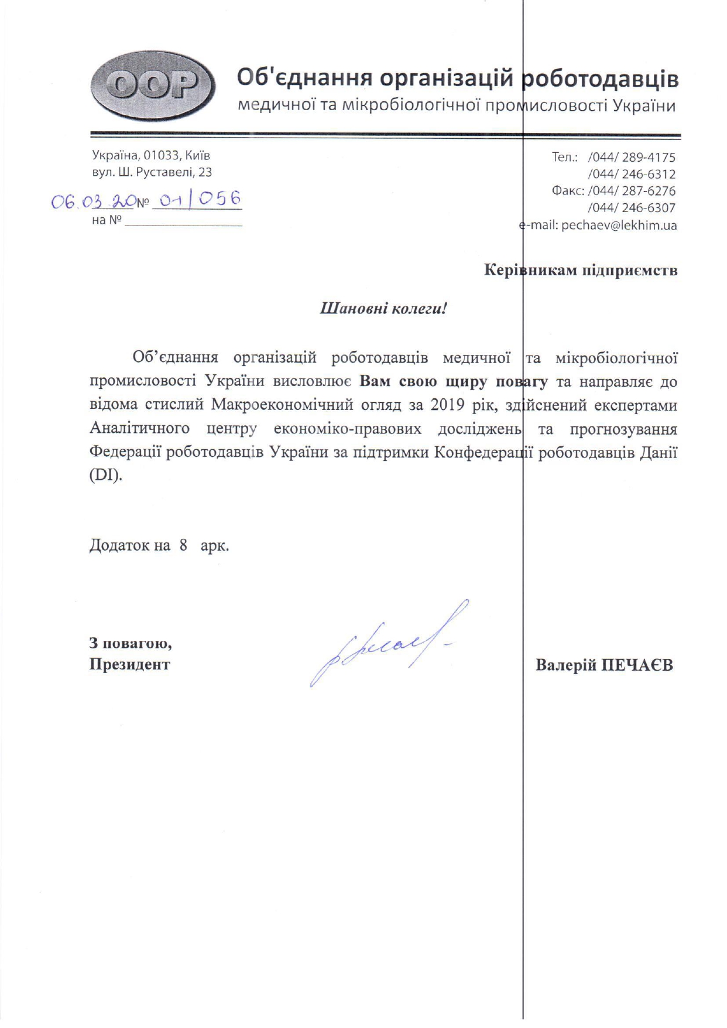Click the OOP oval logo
[153, 86]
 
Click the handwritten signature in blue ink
[386, 643]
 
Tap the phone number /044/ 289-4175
[632, 158]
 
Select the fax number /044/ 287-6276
[632, 191]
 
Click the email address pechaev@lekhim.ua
[619, 226]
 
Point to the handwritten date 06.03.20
[92, 202]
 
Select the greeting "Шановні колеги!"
[383, 308]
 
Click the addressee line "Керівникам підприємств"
[581, 270]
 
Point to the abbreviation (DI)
[106, 474]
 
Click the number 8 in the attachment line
[184, 545]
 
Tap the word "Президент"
[129, 665]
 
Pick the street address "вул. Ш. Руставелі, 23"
[152, 173]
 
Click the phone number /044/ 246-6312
[632, 175]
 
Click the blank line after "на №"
[183, 223]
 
